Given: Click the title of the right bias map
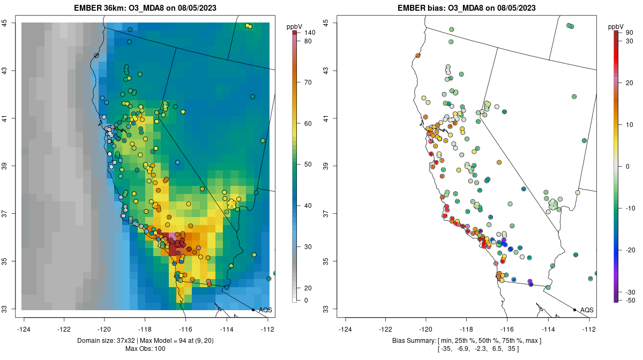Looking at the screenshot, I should pos(467,8).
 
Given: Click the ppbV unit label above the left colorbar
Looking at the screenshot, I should pos(295,26).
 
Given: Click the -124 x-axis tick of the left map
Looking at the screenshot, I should pos(24,329).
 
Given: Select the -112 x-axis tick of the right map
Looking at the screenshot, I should pos(589,329).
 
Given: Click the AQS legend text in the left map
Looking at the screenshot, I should pos(265,310).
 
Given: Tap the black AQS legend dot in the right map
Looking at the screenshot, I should pos(574,310).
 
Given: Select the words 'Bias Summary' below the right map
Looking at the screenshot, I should pos(409,341).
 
